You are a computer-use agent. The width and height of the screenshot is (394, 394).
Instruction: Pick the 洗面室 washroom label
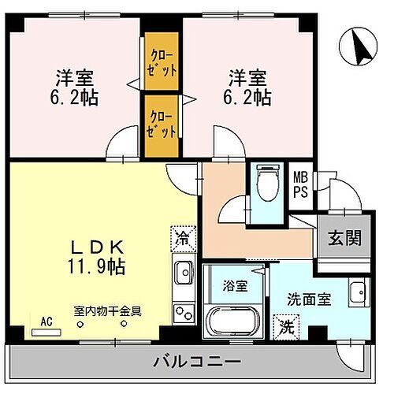coord(307,300)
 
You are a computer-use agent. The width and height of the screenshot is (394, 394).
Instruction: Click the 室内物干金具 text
coord(107,310)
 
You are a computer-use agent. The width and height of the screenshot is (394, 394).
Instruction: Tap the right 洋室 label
coord(247,78)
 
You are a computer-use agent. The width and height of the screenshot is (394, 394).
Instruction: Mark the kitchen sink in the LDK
coord(184,273)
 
